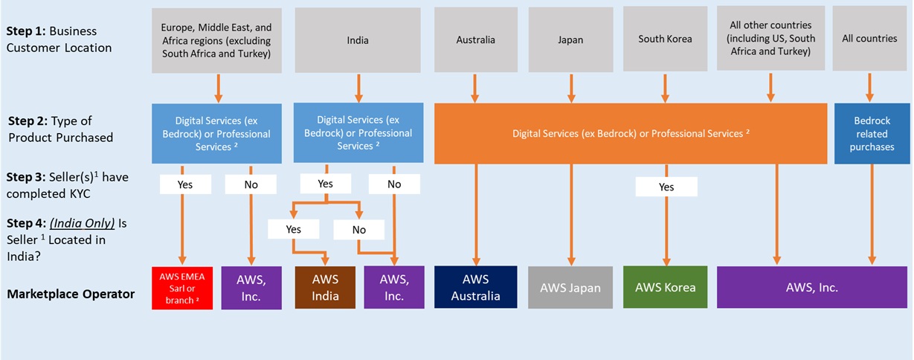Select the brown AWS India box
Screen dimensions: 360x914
pos(325,288)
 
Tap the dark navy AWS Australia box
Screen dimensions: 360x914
pos(476,287)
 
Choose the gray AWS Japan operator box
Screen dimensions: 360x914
pos(571,287)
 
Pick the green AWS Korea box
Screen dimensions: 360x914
pos(666,287)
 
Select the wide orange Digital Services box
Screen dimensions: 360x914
pos(631,133)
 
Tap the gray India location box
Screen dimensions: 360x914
pos(358,40)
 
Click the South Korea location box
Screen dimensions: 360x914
pos(665,39)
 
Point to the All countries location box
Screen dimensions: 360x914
pos(870,39)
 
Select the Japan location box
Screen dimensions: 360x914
pos(570,39)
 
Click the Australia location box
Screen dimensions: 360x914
pos(476,39)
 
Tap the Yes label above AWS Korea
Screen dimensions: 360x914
pos(666,187)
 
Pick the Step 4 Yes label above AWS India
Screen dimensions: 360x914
pos(294,229)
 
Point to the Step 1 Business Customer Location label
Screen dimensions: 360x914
pos(59,39)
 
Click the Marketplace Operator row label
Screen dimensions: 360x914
pos(71,294)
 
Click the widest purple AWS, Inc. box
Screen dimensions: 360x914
pos(813,287)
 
